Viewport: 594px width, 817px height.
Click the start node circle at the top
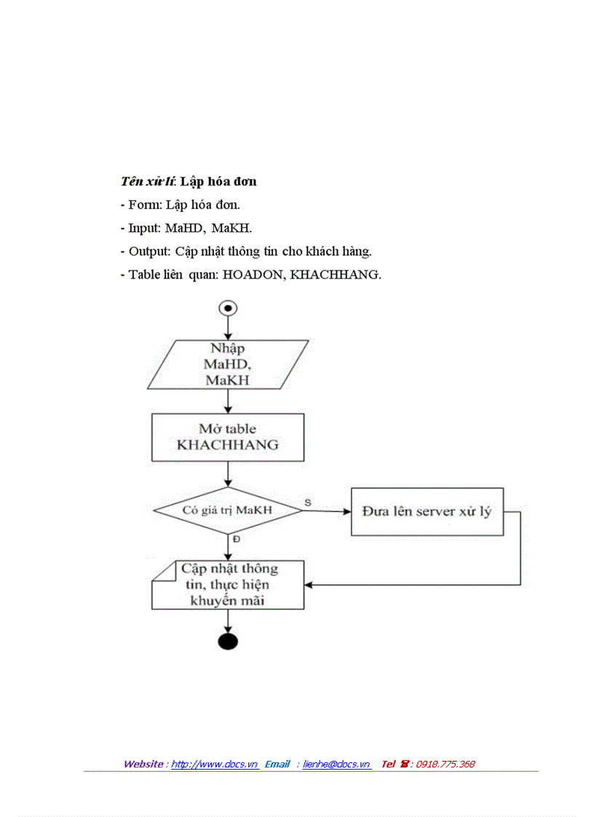tap(228, 308)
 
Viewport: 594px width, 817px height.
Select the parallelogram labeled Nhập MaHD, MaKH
tap(228, 365)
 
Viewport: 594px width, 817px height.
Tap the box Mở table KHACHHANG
tap(228, 437)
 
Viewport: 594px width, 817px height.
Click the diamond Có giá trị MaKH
tap(228, 510)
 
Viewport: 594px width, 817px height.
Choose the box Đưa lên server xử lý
tap(427, 511)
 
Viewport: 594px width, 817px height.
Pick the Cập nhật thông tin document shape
tap(228, 584)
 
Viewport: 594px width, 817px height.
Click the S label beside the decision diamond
tap(308, 503)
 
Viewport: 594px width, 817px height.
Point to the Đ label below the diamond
tap(237, 540)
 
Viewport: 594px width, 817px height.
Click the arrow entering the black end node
tap(228, 621)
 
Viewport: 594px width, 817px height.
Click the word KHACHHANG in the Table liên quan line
tap(334, 274)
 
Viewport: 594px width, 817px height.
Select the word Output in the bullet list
tap(148, 251)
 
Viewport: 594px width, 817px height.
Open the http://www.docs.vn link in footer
tap(215, 764)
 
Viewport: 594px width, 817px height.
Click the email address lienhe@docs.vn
tap(336, 764)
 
